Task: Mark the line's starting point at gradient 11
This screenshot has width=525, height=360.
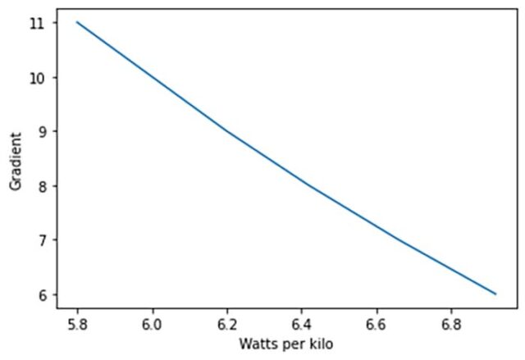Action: pos(77,22)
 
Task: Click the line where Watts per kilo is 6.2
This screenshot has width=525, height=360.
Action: pos(227,130)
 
